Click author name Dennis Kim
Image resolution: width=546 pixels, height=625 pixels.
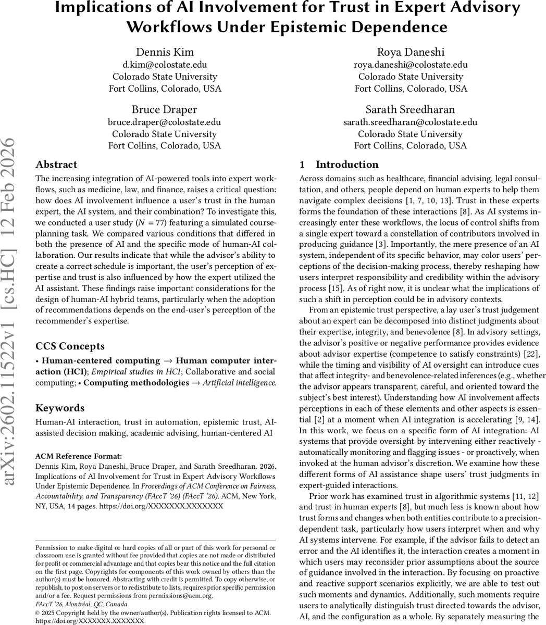(x=165, y=52)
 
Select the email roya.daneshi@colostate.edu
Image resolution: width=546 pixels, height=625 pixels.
(x=411, y=65)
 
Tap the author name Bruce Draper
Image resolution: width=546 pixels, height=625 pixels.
(x=165, y=109)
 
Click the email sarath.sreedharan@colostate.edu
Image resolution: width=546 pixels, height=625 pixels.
(x=411, y=122)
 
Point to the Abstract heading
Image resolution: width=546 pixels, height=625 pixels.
(x=57, y=165)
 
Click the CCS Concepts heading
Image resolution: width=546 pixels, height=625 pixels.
(x=70, y=346)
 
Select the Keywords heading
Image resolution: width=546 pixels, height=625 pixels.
(x=60, y=408)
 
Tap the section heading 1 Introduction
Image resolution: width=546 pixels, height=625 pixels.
(x=339, y=165)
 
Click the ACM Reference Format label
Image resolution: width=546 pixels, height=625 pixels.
(x=79, y=456)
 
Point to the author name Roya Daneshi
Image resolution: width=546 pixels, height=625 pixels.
(x=411, y=52)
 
